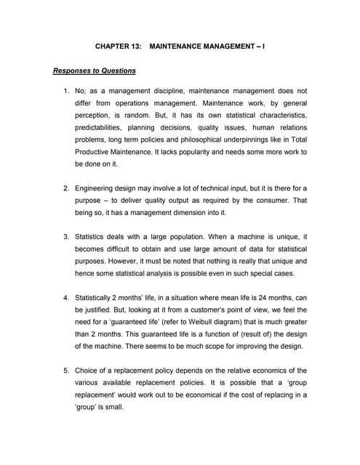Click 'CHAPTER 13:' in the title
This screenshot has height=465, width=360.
click(x=118, y=46)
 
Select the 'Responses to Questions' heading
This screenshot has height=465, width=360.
click(x=94, y=71)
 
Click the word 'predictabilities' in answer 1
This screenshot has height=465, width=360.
click(x=101, y=128)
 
